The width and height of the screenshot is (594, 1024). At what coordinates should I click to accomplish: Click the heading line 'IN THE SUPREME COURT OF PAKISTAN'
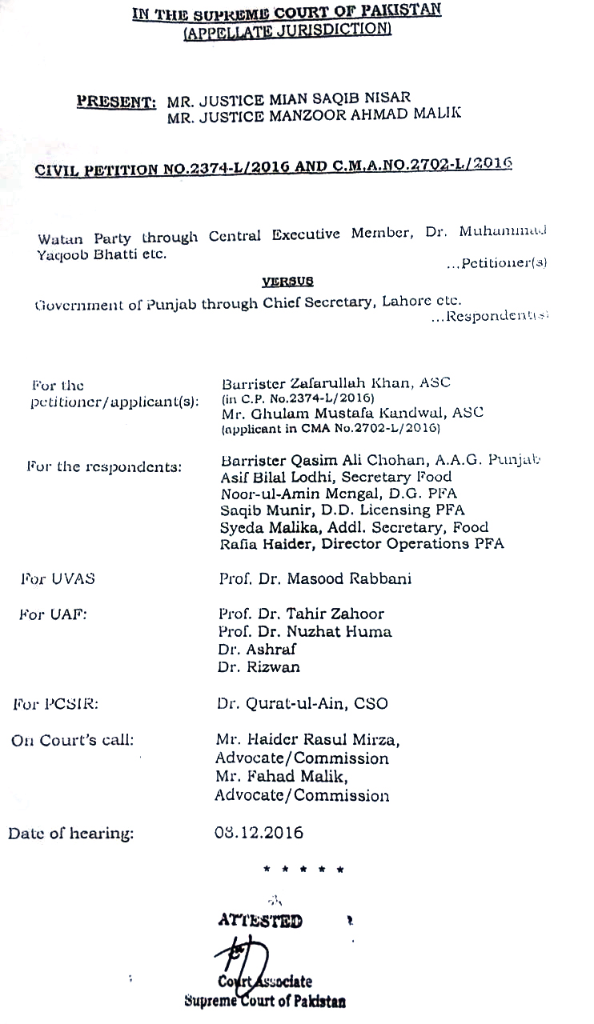coord(286,12)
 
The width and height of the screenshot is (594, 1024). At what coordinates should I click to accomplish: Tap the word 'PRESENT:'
coord(116,102)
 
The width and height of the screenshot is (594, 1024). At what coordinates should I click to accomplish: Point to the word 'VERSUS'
coord(287,282)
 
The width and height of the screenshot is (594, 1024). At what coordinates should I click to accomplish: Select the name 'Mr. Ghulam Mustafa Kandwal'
coord(337,413)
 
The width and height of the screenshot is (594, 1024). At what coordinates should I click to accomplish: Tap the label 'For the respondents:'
coord(104,466)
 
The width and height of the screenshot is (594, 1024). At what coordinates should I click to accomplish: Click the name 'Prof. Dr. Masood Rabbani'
coord(315,578)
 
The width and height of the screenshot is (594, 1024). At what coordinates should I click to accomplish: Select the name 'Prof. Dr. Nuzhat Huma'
coord(305,631)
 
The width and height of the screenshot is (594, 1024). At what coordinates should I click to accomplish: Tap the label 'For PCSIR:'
coord(55,704)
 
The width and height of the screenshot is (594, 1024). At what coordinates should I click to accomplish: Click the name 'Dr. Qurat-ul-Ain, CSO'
coord(302,704)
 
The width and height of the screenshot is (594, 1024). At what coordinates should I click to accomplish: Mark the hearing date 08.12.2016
coord(259,832)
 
